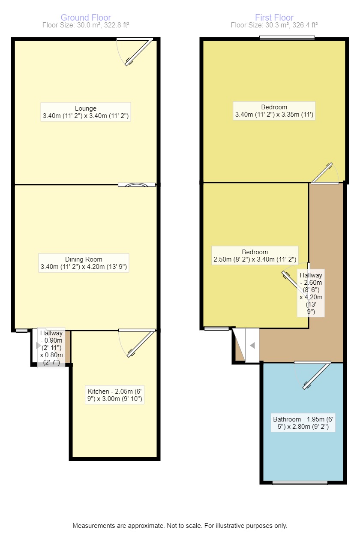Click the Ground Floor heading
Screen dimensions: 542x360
86,18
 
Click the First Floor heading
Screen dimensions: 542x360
274,18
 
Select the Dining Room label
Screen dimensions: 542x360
84,263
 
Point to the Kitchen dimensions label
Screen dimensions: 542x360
115,395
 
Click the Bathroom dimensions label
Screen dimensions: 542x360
304,423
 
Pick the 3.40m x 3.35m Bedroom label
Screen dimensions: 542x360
274,111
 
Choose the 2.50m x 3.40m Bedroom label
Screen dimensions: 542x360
255,256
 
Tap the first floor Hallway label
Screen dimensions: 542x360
311,293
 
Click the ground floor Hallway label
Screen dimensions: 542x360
51,347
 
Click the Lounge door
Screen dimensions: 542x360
138,53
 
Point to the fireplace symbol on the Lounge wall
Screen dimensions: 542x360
137,185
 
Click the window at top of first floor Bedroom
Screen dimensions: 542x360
287,38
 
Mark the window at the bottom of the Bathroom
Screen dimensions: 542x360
300,483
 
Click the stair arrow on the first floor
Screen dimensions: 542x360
252,345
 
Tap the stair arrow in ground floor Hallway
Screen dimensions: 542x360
39,345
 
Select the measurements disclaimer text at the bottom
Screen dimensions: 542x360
180,526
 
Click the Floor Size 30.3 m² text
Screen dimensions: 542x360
274,25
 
